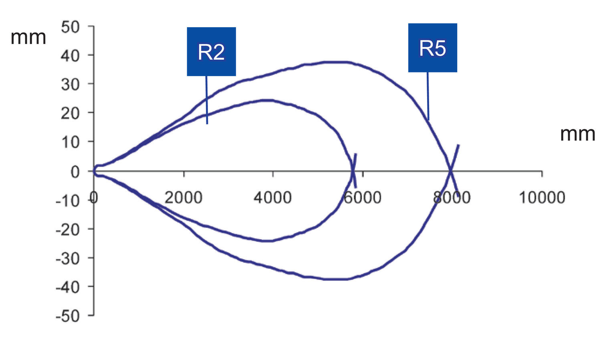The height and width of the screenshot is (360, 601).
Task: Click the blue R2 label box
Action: tap(212, 52)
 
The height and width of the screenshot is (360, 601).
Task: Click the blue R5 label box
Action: tap(432, 48)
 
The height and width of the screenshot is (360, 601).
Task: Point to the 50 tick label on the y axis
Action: tap(70, 27)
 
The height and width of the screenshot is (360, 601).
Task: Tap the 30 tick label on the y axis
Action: tap(70, 85)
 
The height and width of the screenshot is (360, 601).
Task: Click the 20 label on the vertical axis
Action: tap(70, 113)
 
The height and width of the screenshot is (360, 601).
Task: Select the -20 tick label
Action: tap(68, 230)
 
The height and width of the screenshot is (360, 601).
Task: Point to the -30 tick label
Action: tap(68, 259)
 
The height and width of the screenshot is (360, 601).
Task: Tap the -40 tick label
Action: tap(68, 288)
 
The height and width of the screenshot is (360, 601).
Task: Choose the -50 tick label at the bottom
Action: tap(68, 316)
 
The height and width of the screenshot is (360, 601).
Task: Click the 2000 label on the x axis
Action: tap(183, 197)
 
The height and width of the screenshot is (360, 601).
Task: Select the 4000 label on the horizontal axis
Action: tap(272, 197)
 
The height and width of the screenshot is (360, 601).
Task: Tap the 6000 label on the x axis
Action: tap(363, 197)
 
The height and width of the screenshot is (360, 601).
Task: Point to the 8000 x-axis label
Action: tap(452, 197)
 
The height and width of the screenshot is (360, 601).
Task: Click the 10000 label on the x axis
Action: tap(542, 197)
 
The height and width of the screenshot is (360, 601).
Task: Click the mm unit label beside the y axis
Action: tap(28, 38)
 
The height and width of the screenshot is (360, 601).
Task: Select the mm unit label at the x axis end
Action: tap(578, 134)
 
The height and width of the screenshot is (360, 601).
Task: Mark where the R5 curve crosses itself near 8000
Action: tap(451, 170)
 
